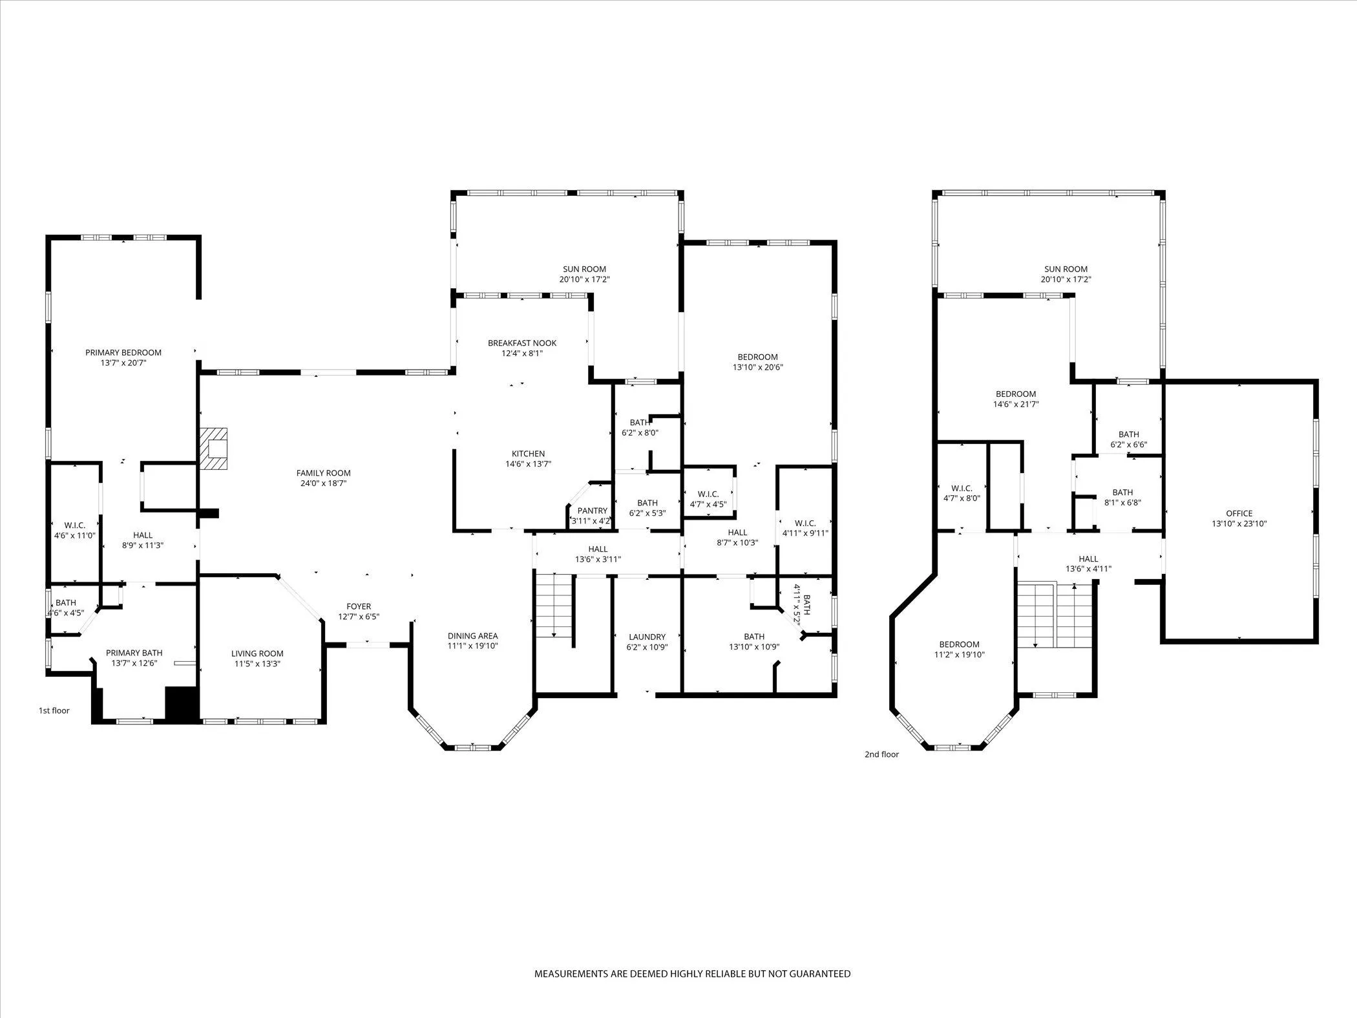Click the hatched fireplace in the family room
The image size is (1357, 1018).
click(x=214, y=448)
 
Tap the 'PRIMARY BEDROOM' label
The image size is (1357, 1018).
click(x=123, y=352)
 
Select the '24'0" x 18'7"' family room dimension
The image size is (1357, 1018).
click(x=323, y=483)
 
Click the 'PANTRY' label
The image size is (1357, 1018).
click(x=592, y=511)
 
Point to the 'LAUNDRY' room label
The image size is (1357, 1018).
click(x=647, y=637)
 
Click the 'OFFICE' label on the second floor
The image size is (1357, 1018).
click(x=1239, y=513)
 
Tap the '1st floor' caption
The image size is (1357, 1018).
click(x=54, y=710)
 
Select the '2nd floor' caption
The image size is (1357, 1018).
click(x=881, y=754)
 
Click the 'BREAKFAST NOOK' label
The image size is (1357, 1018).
click(x=522, y=343)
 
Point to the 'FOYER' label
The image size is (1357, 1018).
click(x=359, y=606)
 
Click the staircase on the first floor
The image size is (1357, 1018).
click(x=554, y=604)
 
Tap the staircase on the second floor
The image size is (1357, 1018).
click(x=1053, y=614)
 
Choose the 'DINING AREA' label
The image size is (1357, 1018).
click(x=472, y=635)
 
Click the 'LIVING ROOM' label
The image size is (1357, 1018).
click(x=257, y=653)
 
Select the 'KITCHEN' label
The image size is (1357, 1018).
click(x=528, y=454)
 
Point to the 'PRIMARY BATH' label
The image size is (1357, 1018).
click(x=134, y=653)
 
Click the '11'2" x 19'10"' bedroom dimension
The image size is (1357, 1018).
click(x=959, y=655)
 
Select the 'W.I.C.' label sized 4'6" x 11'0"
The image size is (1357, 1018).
click(x=75, y=525)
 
